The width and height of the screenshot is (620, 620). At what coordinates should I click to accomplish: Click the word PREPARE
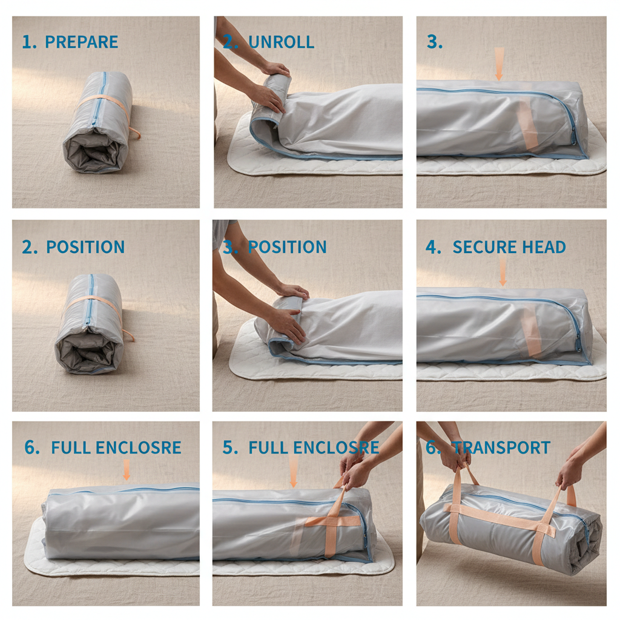coord(82,42)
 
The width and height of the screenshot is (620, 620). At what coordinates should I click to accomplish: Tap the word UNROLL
coord(281,42)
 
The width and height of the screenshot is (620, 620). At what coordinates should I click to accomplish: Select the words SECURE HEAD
coord(509,247)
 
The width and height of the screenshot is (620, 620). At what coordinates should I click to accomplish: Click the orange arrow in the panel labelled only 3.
coord(499,64)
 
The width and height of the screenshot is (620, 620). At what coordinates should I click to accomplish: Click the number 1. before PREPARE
coord(29,42)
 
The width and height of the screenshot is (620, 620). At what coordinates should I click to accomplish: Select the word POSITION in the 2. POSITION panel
coord(85,247)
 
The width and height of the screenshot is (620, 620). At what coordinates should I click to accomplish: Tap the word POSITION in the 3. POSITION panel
coord(287,247)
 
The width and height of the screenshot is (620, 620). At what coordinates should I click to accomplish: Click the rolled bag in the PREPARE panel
coord(97,124)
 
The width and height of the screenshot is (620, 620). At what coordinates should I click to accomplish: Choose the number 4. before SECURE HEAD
coord(433,247)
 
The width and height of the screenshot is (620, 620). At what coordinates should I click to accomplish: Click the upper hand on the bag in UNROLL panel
coord(275,68)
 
